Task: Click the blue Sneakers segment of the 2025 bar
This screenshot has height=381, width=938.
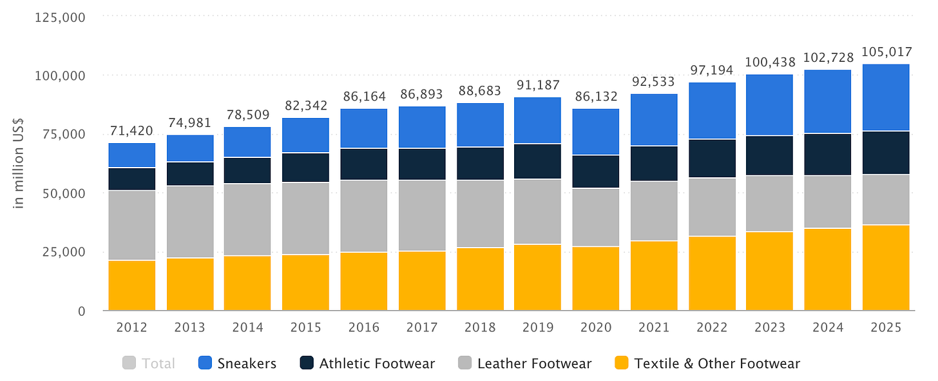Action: (x=886, y=97)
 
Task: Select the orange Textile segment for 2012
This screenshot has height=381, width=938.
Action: (x=131, y=286)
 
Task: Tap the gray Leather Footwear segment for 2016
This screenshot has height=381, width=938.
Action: (x=364, y=216)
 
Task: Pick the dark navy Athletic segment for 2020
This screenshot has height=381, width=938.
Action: (x=596, y=171)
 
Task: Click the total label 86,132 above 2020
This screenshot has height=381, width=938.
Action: (x=596, y=97)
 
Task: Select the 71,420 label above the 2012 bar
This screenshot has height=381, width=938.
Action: (x=131, y=131)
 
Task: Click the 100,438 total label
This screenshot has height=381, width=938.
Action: (x=770, y=63)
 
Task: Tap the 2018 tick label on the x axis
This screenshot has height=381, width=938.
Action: (x=480, y=327)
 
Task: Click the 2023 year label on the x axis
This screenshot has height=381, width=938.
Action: (x=770, y=327)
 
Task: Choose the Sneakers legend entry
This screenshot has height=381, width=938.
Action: (x=245, y=364)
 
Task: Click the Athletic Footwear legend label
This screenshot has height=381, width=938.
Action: (x=377, y=364)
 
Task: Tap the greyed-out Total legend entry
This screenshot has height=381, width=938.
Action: (x=158, y=364)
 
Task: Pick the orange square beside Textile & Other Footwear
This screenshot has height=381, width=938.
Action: (x=622, y=364)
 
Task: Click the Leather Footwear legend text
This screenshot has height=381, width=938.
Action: (x=534, y=364)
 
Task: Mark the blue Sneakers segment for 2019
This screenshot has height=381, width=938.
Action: (x=538, y=120)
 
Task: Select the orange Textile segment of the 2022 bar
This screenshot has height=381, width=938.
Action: (x=712, y=273)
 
